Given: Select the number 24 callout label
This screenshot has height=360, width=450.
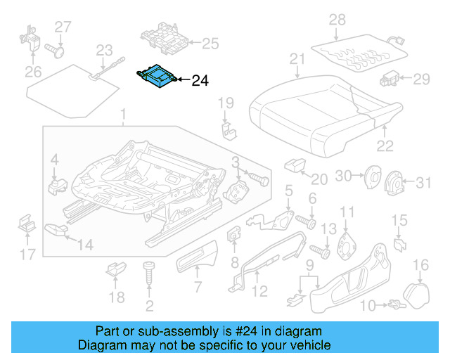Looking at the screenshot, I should tap(199, 81).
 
